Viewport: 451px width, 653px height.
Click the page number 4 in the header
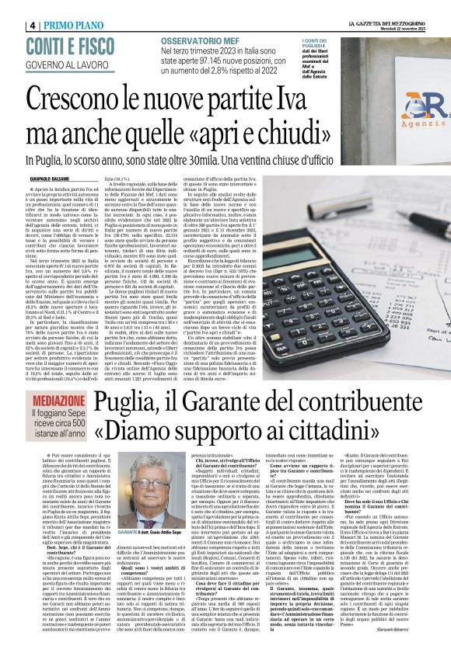pos(33,25)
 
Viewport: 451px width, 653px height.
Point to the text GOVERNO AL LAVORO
pos(68,64)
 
